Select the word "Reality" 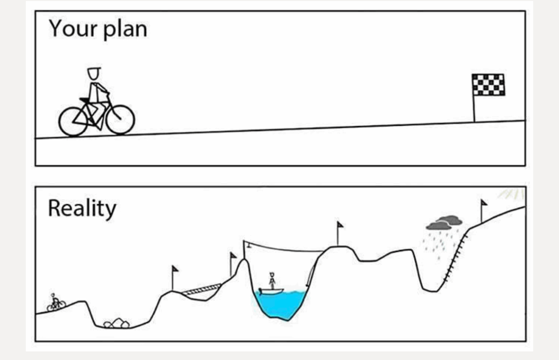(x=82, y=209)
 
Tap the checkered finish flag (x=488, y=85)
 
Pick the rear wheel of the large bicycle (x=73, y=122)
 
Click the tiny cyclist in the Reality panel (x=56, y=303)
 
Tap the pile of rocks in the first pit (x=117, y=323)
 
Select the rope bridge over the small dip (x=202, y=289)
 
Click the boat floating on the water (x=271, y=291)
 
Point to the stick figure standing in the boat (x=272, y=281)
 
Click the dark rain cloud (x=444, y=222)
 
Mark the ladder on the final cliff (x=455, y=258)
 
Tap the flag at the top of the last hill (x=484, y=210)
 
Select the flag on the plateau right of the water (x=339, y=233)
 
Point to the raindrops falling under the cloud (x=439, y=244)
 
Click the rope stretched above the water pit (x=283, y=249)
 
